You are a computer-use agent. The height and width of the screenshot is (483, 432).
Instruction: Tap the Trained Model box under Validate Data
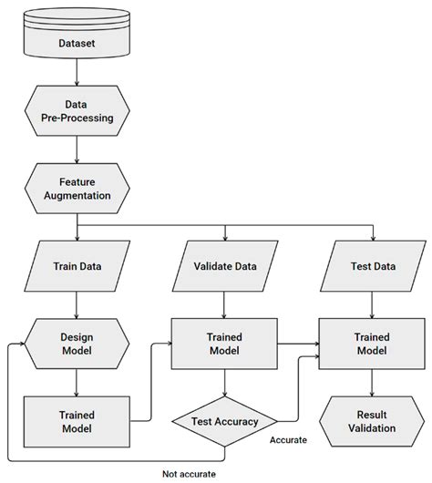[225, 344]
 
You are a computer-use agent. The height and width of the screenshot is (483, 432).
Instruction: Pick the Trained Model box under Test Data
[371, 344]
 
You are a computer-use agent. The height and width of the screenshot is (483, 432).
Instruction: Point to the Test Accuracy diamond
[225, 421]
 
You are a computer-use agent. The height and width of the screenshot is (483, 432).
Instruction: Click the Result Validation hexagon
[371, 421]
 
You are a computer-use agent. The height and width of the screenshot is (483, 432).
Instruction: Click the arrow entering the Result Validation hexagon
[371, 385]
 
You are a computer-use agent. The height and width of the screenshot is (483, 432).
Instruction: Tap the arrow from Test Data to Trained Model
[371, 303]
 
